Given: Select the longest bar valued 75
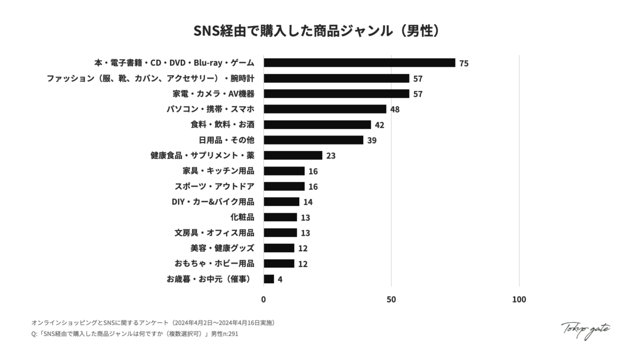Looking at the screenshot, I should [359, 63].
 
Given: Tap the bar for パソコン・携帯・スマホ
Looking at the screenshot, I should [325, 109].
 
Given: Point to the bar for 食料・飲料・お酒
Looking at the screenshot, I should [317, 125].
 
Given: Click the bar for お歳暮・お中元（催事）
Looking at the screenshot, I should [269, 279].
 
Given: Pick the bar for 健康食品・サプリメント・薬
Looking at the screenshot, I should [293, 156].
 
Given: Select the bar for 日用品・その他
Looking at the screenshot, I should [314, 140].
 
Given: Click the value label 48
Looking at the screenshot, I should [395, 109].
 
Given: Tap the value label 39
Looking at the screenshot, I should [372, 140].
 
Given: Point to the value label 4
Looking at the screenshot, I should [280, 279].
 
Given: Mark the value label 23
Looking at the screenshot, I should [331, 156].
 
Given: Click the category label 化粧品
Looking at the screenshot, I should [242, 217].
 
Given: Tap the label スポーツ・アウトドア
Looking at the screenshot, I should [214, 187].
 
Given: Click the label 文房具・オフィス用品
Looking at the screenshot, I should [214, 233].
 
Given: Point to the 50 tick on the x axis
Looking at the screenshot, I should [391, 299].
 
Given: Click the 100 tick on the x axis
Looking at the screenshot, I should [519, 299].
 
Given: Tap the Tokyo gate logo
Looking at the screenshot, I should [586, 330].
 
